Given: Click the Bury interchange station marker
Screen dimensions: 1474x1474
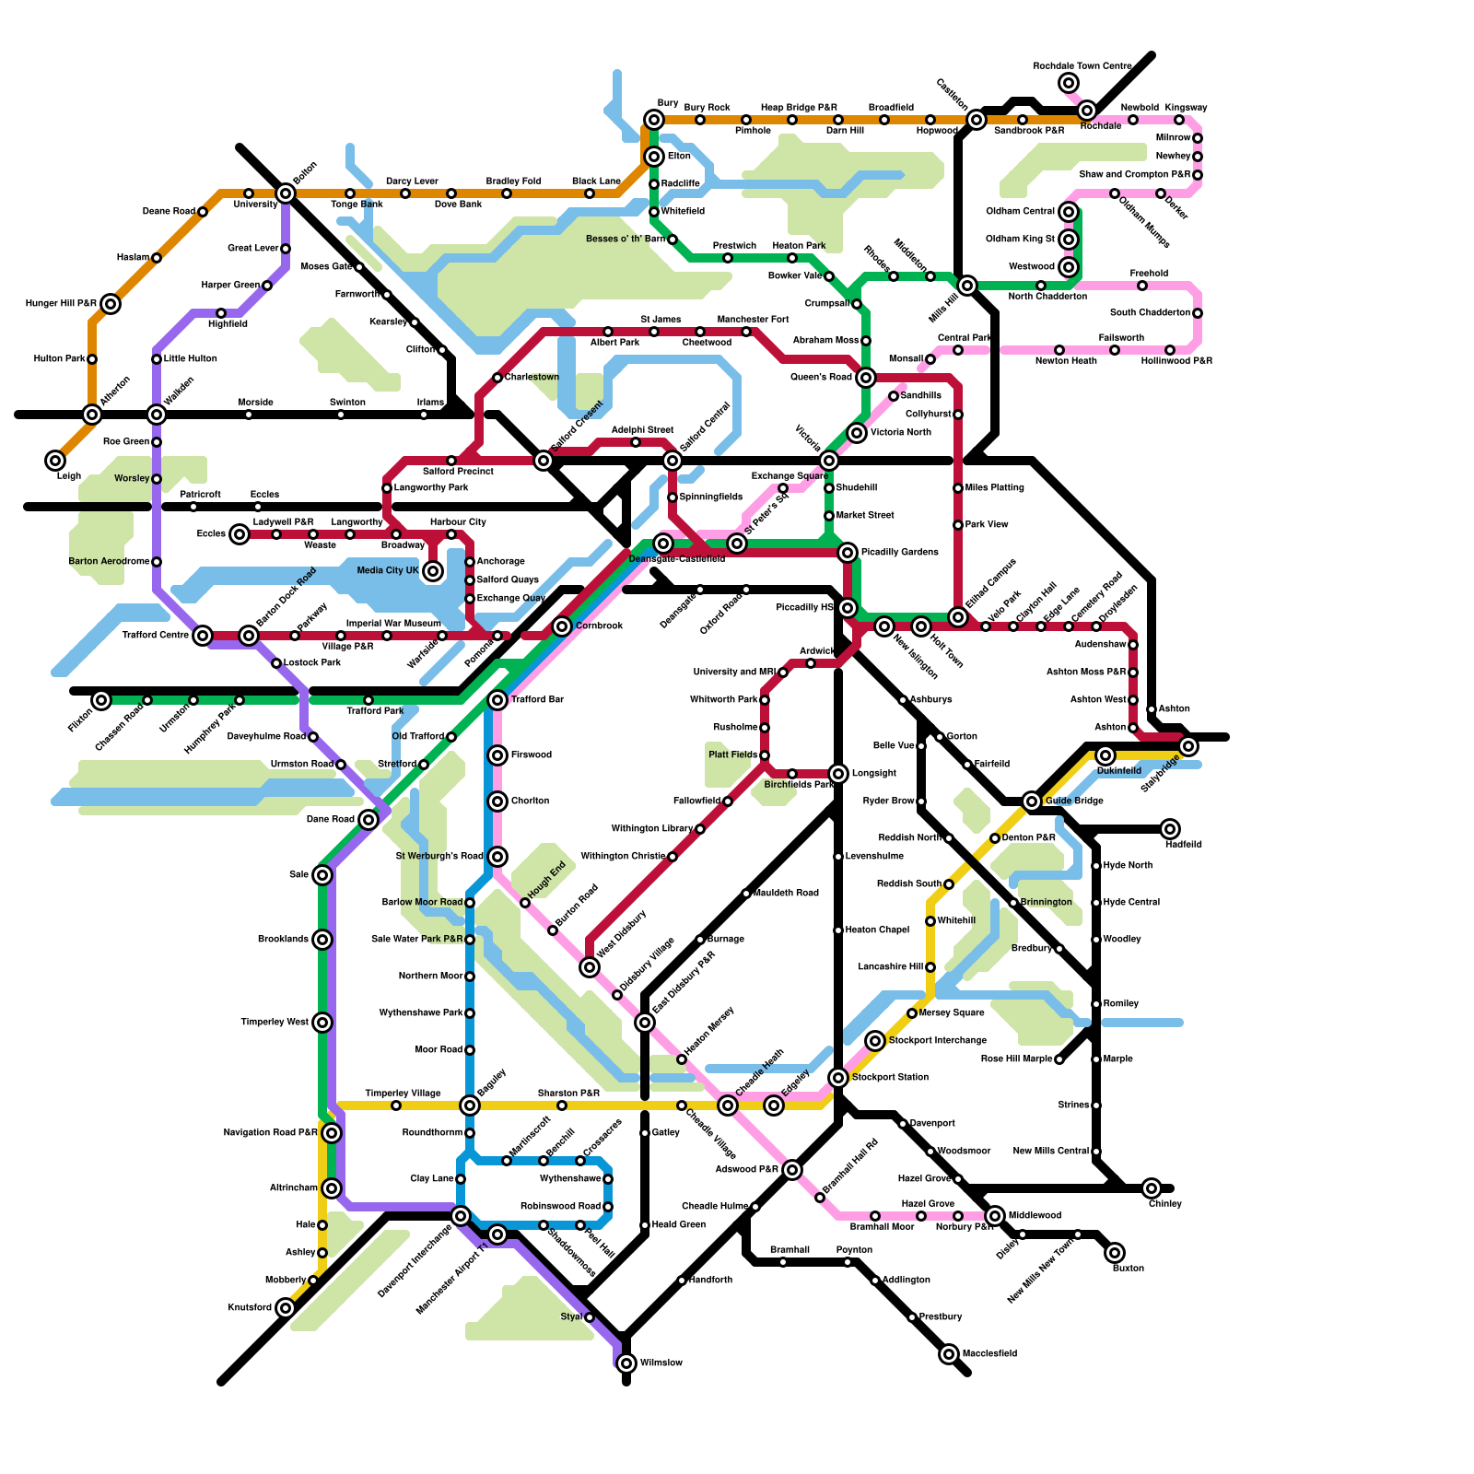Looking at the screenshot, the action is tap(654, 120).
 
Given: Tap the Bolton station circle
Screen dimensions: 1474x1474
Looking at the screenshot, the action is tap(286, 193).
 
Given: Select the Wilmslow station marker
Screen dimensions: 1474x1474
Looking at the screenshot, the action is tap(626, 1363).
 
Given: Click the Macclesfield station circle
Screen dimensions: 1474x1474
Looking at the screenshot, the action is tap(949, 1354).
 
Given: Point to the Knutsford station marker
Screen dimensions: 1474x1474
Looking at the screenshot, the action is tap(286, 1308).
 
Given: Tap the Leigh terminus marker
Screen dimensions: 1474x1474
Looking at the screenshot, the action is tap(55, 461).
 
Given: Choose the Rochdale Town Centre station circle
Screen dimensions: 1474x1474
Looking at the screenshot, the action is tap(1069, 83).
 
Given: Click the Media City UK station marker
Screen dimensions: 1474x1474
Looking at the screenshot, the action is tap(433, 571).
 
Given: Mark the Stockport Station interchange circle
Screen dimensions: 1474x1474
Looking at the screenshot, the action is tap(838, 1078).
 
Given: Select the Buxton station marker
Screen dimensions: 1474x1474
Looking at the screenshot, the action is tap(1115, 1253).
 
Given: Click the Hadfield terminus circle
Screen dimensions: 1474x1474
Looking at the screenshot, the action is tap(1170, 829).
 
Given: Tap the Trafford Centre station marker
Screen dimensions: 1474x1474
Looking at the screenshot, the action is tap(203, 636).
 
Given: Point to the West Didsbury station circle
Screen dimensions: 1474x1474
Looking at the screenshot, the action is tap(590, 967).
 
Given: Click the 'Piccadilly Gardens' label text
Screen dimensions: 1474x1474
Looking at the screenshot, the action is tap(900, 553).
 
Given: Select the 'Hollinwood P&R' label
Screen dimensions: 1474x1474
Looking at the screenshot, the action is tap(1176, 361).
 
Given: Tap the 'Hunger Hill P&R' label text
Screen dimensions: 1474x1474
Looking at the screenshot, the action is tap(61, 304).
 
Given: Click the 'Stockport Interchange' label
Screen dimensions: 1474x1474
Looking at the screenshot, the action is tap(938, 1041).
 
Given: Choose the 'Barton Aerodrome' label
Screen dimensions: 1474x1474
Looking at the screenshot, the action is tap(109, 562).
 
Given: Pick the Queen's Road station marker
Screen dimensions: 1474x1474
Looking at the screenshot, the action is tap(866, 378).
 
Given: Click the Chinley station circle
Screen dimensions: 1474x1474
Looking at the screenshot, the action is tap(1152, 1188).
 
